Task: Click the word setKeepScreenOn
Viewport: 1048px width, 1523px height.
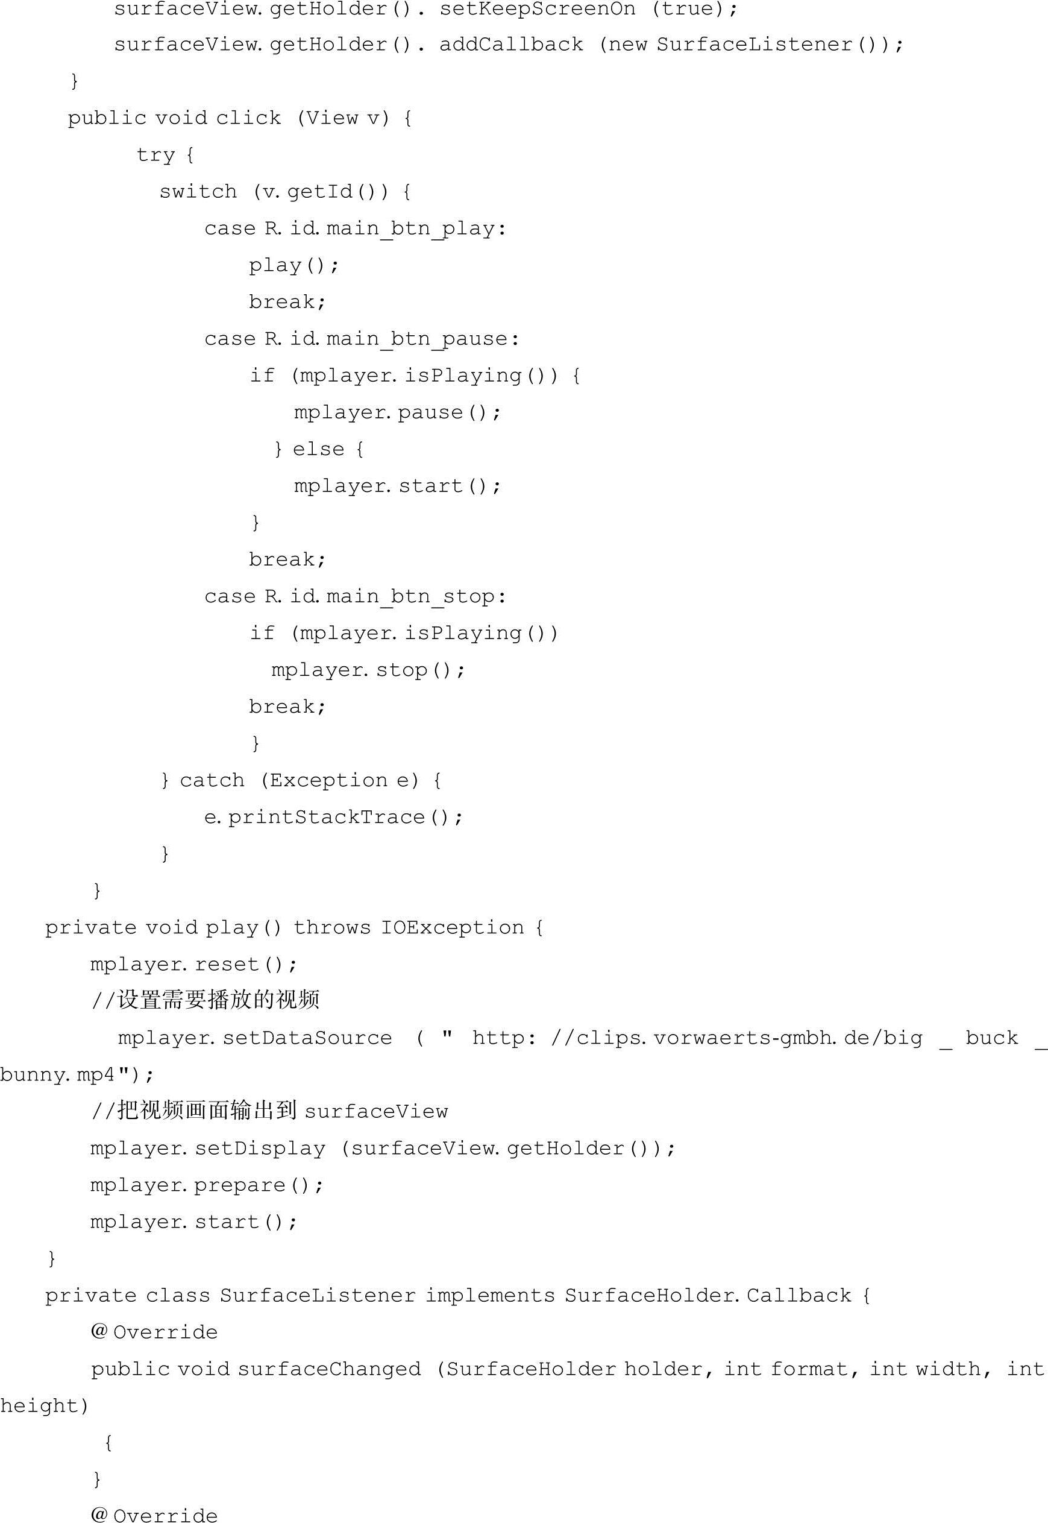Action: (x=537, y=9)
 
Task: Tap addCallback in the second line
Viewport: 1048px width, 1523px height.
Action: (x=511, y=45)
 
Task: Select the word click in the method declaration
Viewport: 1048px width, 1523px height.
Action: (x=248, y=118)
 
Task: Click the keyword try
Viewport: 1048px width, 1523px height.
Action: (x=155, y=155)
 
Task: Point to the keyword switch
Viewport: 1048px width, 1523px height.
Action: (x=198, y=192)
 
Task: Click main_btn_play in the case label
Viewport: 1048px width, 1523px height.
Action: (x=410, y=229)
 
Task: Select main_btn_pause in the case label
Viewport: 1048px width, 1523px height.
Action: (x=417, y=339)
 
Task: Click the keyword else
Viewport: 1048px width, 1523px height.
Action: (x=318, y=449)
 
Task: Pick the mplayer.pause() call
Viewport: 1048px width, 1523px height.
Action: (x=397, y=412)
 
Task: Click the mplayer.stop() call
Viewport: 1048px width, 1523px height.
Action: (x=368, y=670)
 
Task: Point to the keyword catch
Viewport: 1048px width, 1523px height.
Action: (x=212, y=780)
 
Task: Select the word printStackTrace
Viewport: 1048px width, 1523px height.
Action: (x=327, y=817)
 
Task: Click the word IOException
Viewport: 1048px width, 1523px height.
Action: (x=453, y=927)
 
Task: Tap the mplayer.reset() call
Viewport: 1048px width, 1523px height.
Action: (x=193, y=964)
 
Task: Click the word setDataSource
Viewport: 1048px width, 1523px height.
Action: (x=307, y=1038)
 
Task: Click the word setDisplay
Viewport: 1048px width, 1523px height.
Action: (x=260, y=1148)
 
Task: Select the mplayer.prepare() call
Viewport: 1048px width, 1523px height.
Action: (x=206, y=1185)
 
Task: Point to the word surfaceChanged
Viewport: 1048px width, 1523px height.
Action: (x=329, y=1369)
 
